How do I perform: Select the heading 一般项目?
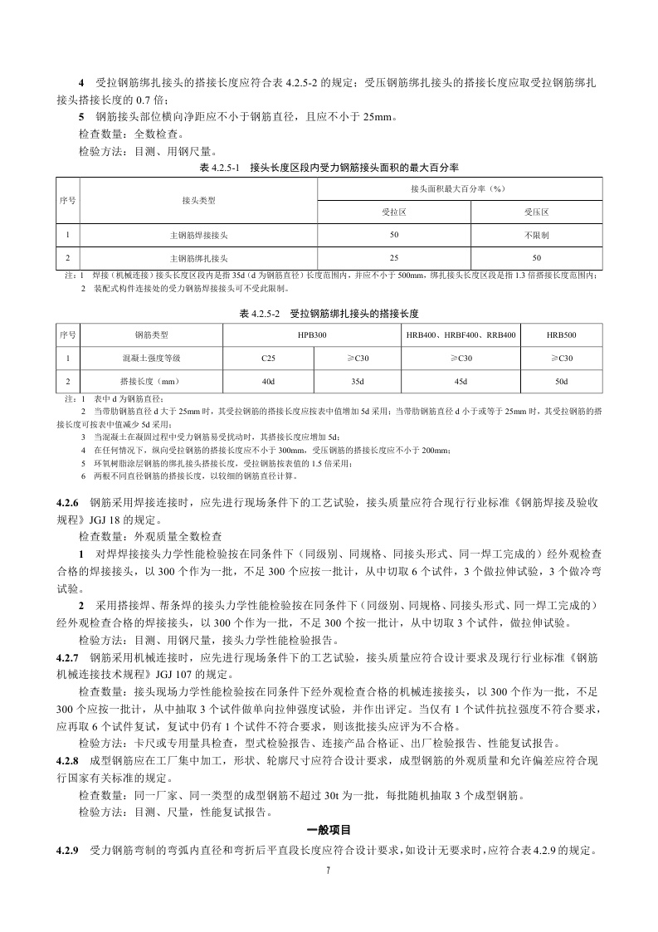[x=329, y=829]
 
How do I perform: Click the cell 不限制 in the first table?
[x=536, y=236]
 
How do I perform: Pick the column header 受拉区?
[x=393, y=212]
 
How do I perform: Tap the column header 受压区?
[x=536, y=212]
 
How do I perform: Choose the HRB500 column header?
[x=562, y=334]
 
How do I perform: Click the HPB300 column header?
[x=312, y=334]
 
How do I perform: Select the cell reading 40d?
[x=268, y=381]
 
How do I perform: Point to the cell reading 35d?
[x=357, y=381]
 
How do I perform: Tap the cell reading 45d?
[x=461, y=381]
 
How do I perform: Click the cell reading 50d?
[x=562, y=381]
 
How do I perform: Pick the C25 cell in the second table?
[x=268, y=358]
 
